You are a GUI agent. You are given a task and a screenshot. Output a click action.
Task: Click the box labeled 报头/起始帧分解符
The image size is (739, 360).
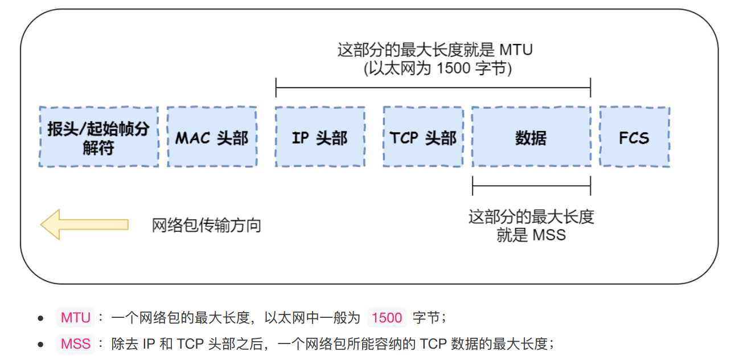pyautogui.click(x=98, y=137)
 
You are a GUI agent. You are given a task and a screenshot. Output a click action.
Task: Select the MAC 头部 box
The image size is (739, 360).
pyautogui.click(x=211, y=137)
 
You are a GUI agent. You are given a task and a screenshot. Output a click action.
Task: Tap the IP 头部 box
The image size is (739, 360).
pyautogui.click(x=319, y=137)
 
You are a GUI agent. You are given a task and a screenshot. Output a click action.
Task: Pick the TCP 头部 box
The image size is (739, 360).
pyautogui.click(x=423, y=137)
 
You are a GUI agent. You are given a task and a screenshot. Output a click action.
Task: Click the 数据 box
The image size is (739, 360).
pyautogui.click(x=531, y=137)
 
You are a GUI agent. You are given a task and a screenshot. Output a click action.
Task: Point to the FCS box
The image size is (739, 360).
pyautogui.click(x=634, y=137)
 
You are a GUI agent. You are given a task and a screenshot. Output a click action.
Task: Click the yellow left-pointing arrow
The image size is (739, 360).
pyautogui.click(x=84, y=224)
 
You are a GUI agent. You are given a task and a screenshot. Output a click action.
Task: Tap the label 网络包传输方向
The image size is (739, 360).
pyautogui.click(x=206, y=226)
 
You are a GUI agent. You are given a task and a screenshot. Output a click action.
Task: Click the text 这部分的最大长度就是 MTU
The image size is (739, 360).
pyautogui.click(x=434, y=50)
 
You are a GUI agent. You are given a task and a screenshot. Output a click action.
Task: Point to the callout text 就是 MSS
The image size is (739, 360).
pyautogui.click(x=531, y=235)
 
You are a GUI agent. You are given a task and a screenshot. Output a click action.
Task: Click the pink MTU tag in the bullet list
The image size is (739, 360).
pyautogui.click(x=76, y=317)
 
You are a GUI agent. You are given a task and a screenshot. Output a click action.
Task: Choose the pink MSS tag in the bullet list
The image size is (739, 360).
pyautogui.click(x=76, y=343)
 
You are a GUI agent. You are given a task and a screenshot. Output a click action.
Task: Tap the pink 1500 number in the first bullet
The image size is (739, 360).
pyautogui.click(x=387, y=317)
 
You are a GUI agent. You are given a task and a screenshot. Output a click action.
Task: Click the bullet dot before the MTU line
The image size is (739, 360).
pyautogui.click(x=40, y=318)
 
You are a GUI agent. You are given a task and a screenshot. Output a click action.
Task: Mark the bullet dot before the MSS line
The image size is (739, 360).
pyautogui.click(x=40, y=344)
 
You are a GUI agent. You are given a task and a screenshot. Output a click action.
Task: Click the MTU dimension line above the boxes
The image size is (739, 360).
pyautogui.click(x=433, y=88)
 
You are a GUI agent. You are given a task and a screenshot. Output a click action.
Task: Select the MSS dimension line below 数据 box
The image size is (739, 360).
pyautogui.click(x=531, y=185)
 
